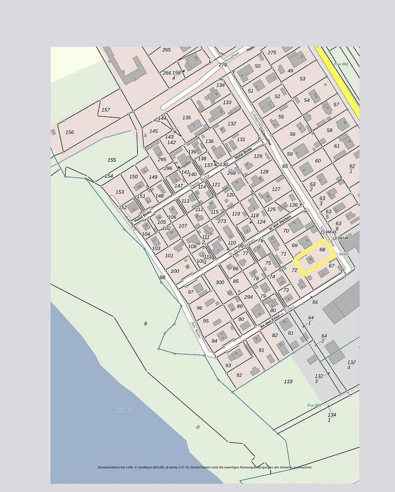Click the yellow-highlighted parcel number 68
click(322, 250)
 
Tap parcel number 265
click(167, 50)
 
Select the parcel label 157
click(106, 110)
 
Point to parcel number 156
click(70, 132)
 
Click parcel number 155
click(112, 160)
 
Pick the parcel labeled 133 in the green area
click(288, 381)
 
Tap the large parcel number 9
click(146, 323)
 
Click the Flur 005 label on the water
click(123, 410)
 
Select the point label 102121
click(331, 232)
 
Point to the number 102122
click(343, 254)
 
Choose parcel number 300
click(220, 282)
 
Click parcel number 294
click(248, 297)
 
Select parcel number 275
click(272, 52)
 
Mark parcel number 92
click(239, 375)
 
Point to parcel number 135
click(187, 118)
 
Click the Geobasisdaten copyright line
click(205, 467)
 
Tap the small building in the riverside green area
click(197, 427)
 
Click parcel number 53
click(303, 79)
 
